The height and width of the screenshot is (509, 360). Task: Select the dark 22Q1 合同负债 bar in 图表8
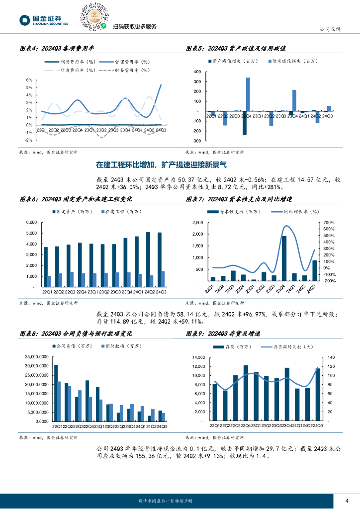56,393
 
